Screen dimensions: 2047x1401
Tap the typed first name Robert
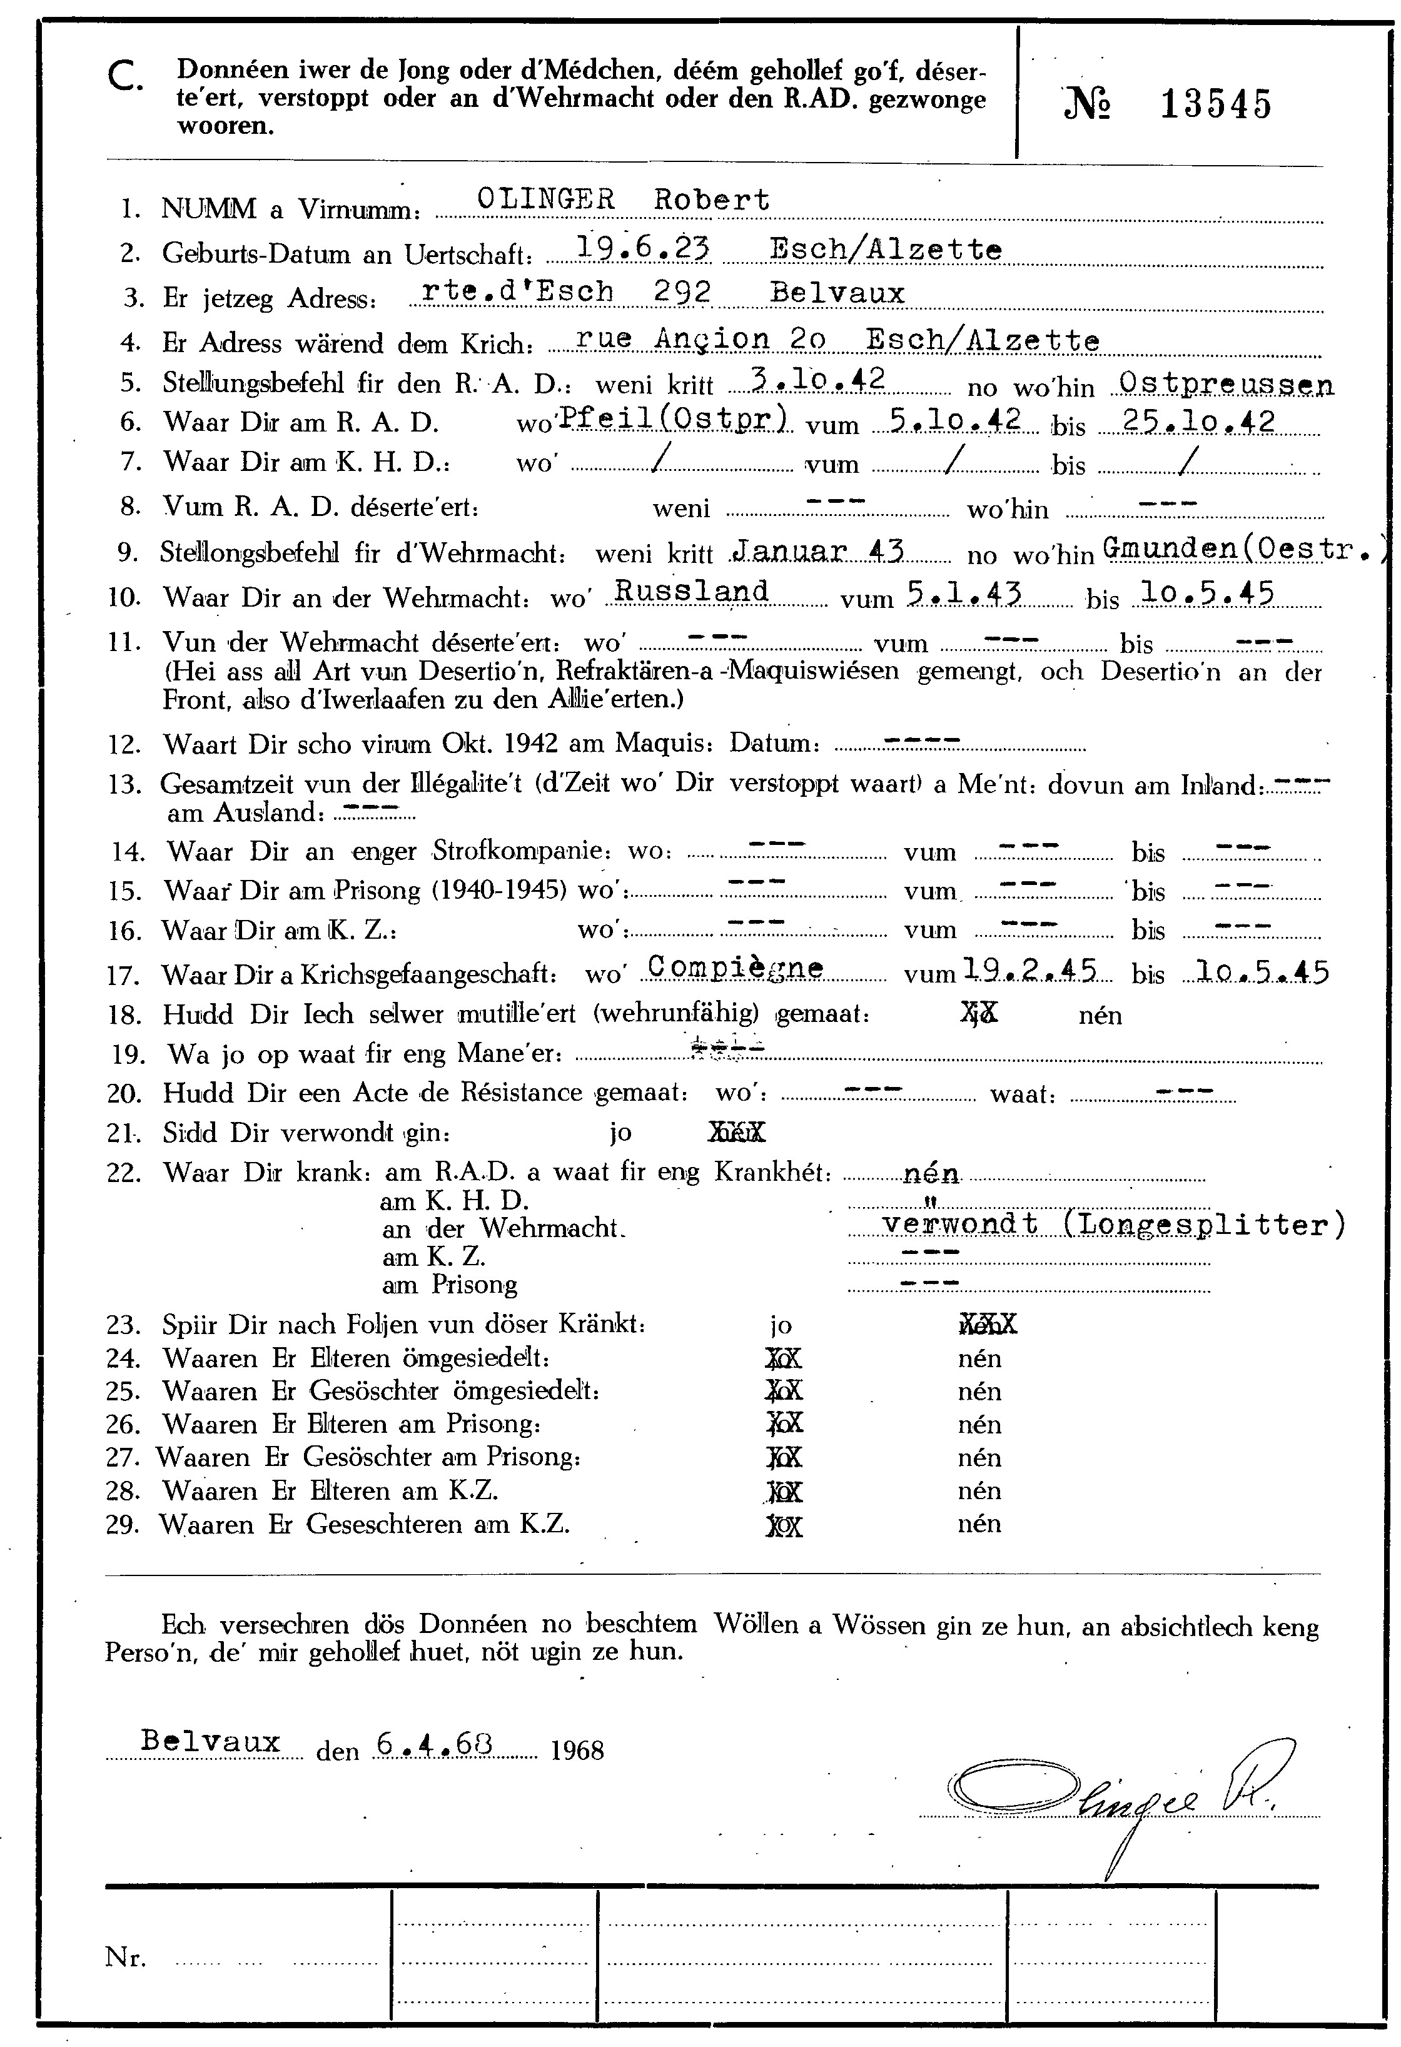[x=712, y=200]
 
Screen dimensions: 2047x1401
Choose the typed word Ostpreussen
[x=1224, y=384]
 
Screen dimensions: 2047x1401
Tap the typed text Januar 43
[x=819, y=552]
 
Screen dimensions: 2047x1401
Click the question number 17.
[x=124, y=976]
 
